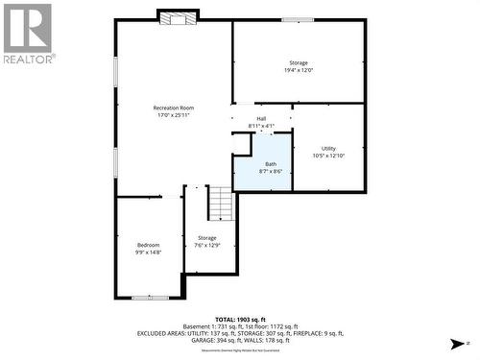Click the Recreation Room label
pos(174,108)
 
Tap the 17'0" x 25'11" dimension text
pos(174,116)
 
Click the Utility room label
pos(328,148)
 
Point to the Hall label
pos(261,119)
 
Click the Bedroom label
pos(148,245)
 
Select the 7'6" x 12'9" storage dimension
pos(207,245)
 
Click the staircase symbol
pos(222,204)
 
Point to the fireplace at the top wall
pos(178,17)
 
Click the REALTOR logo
pos(27,33)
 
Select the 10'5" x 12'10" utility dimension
pos(328,156)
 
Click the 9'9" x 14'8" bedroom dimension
pos(148,252)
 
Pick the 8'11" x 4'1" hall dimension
pos(261,126)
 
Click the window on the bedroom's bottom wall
pos(150,298)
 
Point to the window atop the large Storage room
pos(297,19)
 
